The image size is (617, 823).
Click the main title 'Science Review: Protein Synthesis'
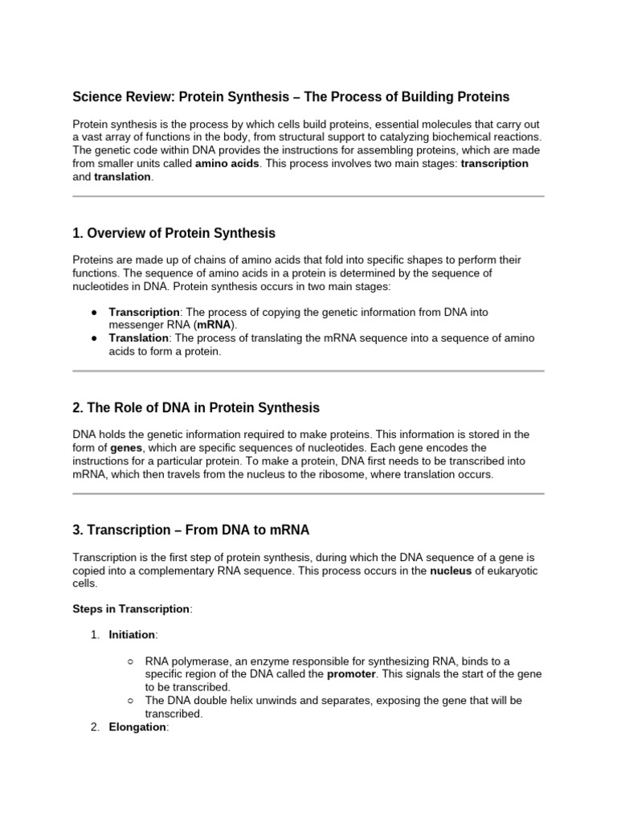coord(291,97)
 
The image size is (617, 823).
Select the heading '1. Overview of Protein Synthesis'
coord(174,233)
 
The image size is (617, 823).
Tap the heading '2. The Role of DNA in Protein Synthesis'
coord(196,407)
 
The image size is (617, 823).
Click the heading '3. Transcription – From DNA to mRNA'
coord(190,530)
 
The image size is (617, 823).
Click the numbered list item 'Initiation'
coord(132,634)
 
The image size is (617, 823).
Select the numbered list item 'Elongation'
coord(137,727)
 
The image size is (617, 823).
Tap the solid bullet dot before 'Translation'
coord(94,338)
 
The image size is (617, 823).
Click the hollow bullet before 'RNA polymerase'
coord(131,661)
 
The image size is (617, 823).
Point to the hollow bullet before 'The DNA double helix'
coord(131,701)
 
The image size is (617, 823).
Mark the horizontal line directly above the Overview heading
coord(308,196)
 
